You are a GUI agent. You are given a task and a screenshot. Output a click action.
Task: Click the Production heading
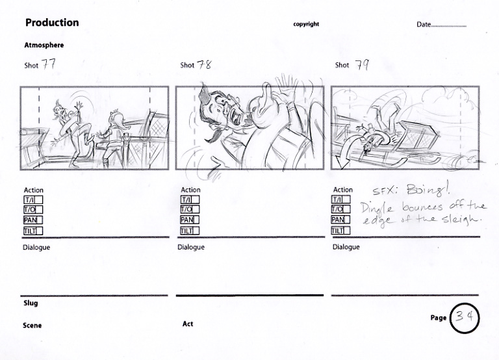[x=52, y=23]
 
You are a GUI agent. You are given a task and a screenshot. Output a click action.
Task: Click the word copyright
[x=306, y=24]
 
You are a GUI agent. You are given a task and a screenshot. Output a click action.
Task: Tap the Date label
[x=424, y=25]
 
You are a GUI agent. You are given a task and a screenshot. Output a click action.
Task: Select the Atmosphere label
[x=44, y=45]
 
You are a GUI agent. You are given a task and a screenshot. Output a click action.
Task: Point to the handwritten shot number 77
[x=48, y=64]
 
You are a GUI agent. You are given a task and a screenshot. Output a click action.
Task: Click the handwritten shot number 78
[x=204, y=65]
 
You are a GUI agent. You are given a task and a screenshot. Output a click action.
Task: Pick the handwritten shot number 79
[x=362, y=65]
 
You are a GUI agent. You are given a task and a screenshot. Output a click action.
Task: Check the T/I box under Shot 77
[x=33, y=200]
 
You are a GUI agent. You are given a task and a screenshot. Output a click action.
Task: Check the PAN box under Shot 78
[x=190, y=220]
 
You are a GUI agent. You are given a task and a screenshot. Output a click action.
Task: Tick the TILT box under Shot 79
[x=341, y=231]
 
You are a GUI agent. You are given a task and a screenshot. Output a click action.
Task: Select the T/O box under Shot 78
[x=190, y=209]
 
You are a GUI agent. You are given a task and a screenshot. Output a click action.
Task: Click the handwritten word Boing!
[x=428, y=190]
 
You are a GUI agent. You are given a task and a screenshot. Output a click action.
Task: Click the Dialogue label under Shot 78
[x=191, y=248]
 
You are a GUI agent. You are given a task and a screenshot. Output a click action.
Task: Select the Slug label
[x=31, y=303]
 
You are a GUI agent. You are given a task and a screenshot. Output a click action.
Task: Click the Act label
[x=188, y=324]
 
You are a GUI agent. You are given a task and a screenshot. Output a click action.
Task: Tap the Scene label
[x=32, y=326]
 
